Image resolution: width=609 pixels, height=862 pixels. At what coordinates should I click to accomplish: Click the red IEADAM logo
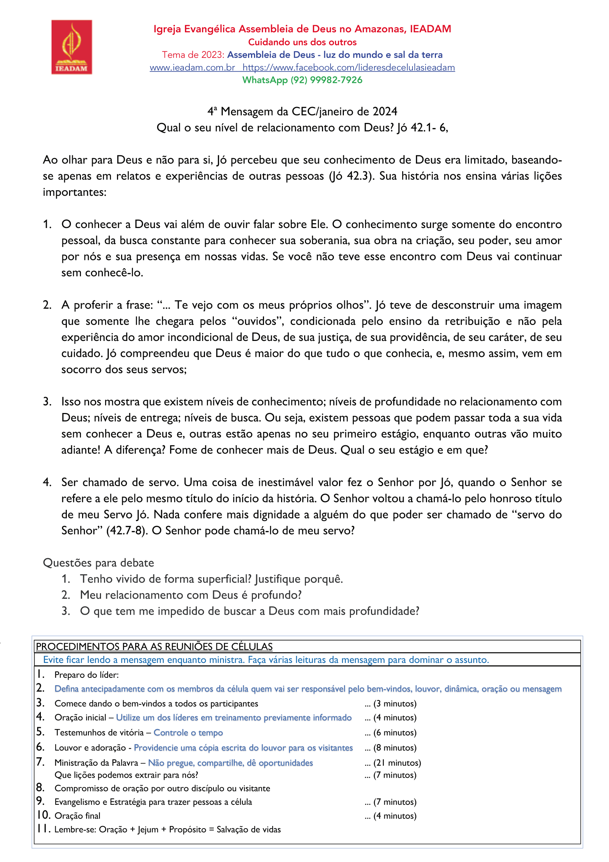point(71,47)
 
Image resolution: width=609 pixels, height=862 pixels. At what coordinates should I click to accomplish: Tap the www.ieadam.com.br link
point(192,68)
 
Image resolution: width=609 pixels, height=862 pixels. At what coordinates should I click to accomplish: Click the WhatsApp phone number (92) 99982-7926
point(326,80)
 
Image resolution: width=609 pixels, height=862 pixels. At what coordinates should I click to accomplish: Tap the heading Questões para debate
point(98,563)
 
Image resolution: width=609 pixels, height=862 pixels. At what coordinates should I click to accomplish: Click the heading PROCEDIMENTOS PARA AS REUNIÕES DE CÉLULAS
point(154,647)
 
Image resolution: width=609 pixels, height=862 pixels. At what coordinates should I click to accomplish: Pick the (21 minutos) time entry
point(397,762)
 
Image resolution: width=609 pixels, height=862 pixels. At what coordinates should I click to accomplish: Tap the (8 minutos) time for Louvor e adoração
point(395,748)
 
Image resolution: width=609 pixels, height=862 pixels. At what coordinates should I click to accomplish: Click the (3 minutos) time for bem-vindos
point(395,703)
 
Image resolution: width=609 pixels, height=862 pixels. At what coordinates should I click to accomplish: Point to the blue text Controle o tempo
point(188,732)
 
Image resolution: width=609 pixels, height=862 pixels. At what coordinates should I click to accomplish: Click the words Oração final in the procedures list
point(77,816)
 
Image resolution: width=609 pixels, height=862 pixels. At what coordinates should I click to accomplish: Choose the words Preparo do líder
point(87,675)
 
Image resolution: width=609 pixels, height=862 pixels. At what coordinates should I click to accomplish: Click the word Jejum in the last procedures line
point(148,829)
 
